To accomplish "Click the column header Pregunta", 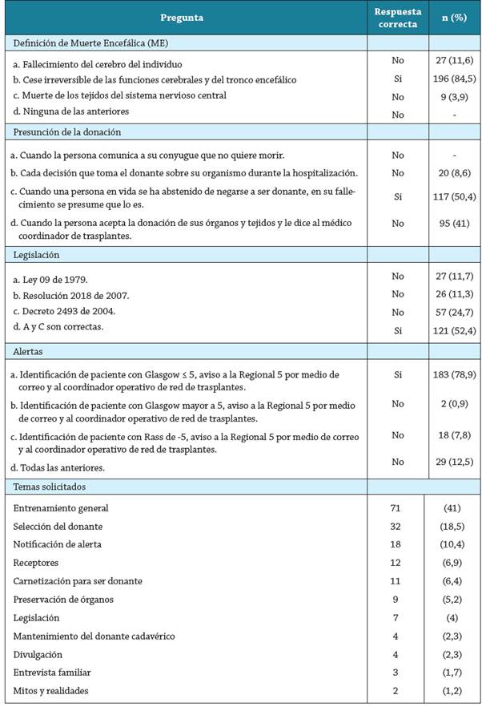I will pyautogui.click(x=182, y=17).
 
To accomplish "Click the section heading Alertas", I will pyautogui.click(x=28, y=350).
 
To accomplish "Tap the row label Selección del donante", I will pyautogui.click(x=58, y=527).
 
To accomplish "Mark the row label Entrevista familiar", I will pyautogui.click(x=50, y=673).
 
